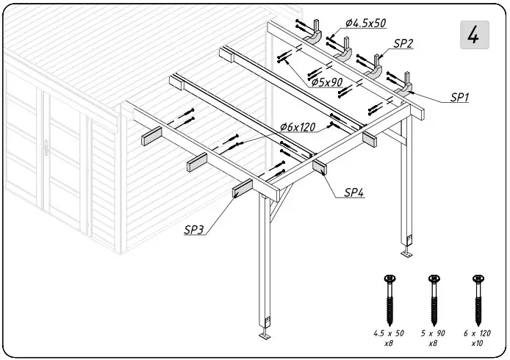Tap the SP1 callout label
point(459,97)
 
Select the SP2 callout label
point(403,44)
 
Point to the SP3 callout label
point(194,229)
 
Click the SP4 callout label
point(356,192)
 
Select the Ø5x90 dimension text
point(326,82)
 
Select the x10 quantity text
point(478,343)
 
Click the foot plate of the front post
point(265,336)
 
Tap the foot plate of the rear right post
point(406,254)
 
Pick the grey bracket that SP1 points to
point(406,88)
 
